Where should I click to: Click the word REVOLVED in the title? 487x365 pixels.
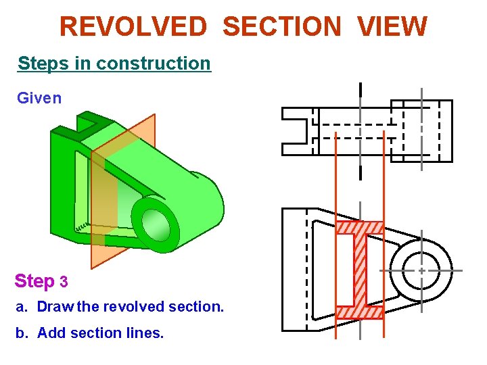pyautogui.click(x=133, y=27)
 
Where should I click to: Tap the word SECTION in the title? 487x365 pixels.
pyautogui.click(x=281, y=27)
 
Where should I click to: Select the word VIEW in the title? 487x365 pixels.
pyautogui.click(x=392, y=27)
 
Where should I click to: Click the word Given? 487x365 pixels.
pyautogui.click(x=39, y=98)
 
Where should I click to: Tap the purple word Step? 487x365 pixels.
pyautogui.click(x=34, y=281)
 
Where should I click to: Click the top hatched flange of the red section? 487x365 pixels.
pyautogui.click(x=360, y=228)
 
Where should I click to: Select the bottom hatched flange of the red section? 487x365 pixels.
pyautogui.click(x=360, y=312)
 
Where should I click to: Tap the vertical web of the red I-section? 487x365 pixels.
pyautogui.click(x=360, y=270)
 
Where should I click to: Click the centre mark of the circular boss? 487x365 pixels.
pyautogui.click(x=421, y=270)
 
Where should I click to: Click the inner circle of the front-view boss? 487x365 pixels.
pyautogui.click(x=421, y=270)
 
